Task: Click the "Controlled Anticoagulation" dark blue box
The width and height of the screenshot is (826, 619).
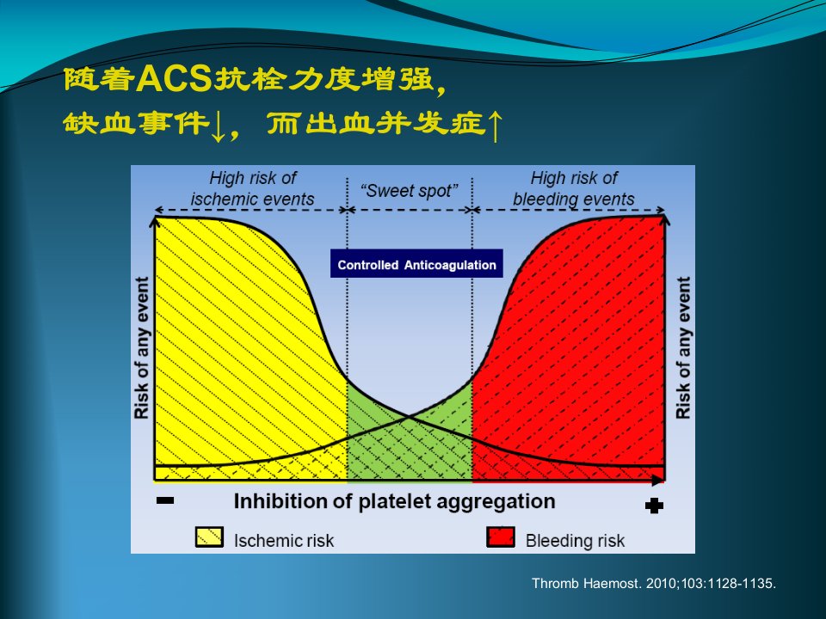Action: coord(416,264)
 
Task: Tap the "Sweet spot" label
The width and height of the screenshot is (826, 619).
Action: coord(410,191)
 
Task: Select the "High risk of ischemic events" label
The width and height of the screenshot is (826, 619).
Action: coord(252,188)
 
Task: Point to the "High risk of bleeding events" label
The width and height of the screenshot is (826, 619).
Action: coord(574,188)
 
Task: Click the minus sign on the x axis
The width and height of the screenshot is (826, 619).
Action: coord(165,500)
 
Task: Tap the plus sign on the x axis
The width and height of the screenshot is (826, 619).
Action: coord(654,506)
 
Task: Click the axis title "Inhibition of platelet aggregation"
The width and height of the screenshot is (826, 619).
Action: coord(395,501)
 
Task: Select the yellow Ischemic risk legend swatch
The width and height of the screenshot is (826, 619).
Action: coord(209,536)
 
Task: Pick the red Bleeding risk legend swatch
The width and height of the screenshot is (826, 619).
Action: coord(501,536)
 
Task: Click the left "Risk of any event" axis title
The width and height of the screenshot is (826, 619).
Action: coord(142,348)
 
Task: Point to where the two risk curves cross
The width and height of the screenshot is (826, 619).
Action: coord(410,417)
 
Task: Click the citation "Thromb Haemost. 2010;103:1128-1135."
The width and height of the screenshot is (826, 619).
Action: coord(654,583)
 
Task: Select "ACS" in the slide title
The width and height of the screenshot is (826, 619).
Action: coord(174,79)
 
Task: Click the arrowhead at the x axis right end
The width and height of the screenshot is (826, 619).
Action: coord(658,480)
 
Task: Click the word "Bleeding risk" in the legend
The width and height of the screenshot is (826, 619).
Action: coord(575,541)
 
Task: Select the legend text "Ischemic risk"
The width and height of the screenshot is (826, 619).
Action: coord(284,541)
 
